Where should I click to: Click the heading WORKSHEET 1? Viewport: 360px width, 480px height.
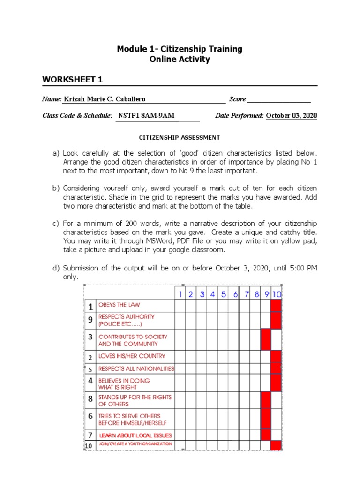(x=73, y=80)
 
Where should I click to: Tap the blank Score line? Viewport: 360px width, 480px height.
(x=279, y=99)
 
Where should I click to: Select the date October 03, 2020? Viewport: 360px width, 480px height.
(x=291, y=116)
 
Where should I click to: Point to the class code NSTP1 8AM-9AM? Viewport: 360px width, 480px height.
(x=147, y=116)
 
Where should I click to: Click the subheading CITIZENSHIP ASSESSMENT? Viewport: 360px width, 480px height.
(x=180, y=137)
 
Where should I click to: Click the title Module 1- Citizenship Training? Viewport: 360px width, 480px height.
(x=180, y=49)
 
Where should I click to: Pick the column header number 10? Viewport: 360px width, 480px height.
(x=277, y=294)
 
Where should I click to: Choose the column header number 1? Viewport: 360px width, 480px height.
(x=180, y=294)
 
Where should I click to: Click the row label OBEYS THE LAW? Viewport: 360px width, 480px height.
(x=119, y=305)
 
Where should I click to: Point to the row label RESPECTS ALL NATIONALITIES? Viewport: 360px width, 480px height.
(x=136, y=369)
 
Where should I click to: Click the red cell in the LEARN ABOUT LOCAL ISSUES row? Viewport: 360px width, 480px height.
(x=266, y=434)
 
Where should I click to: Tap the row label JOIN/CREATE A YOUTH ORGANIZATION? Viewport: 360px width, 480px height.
(x=135, y=444)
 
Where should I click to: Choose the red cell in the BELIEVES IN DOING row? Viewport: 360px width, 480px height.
(x=276, y=383)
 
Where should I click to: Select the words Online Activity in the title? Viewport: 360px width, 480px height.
(x=180, y=60)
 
